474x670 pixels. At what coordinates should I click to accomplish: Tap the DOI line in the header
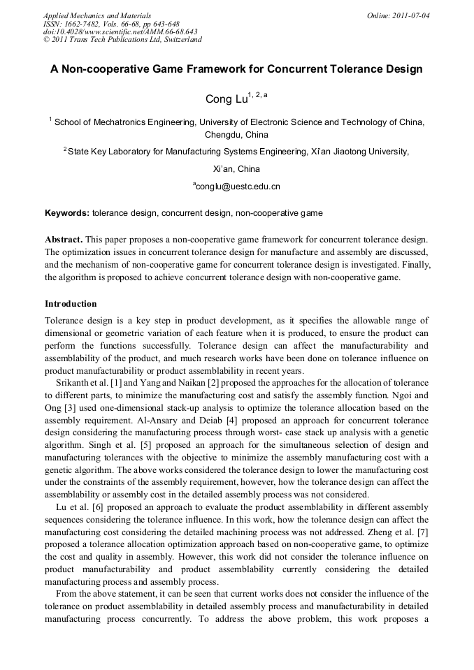[x=120, y=31]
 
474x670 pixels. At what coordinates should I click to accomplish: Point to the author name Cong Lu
[x=222, y=99]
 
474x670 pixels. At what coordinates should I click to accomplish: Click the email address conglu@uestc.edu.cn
[x=238, y=187]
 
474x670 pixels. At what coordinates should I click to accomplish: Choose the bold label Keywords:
[x=67, y=212]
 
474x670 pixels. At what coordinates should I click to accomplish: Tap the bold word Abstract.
[x=64, y=240]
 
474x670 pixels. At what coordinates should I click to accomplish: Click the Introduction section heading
[x=71, y=304]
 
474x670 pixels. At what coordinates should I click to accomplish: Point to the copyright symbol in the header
[x=47, y=40]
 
